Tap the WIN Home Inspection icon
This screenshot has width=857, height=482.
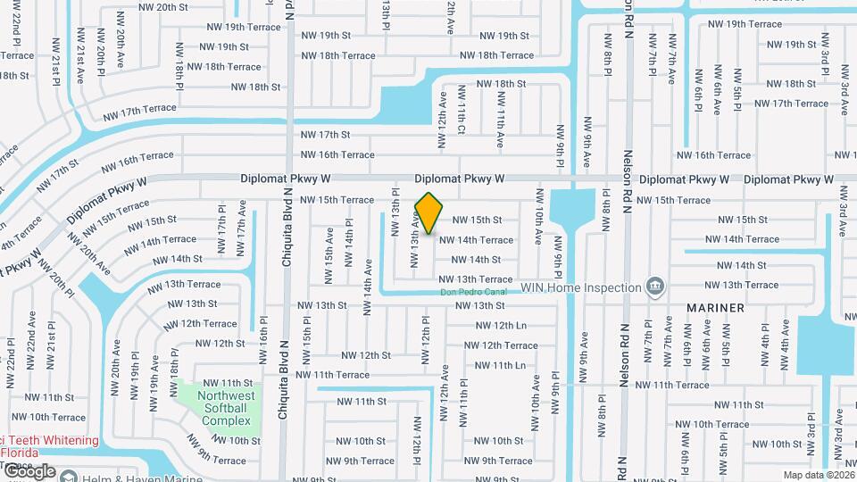click(x=656, y=287)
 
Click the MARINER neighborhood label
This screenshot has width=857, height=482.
click(x=715, y=308)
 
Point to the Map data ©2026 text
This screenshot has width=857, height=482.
click(x=818, y=475)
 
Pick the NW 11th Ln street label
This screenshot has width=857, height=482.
click(x=500, y=365)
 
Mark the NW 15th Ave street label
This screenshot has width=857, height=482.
click(x=330, y=255)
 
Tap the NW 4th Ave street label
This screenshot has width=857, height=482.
click(x=786, y=342)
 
